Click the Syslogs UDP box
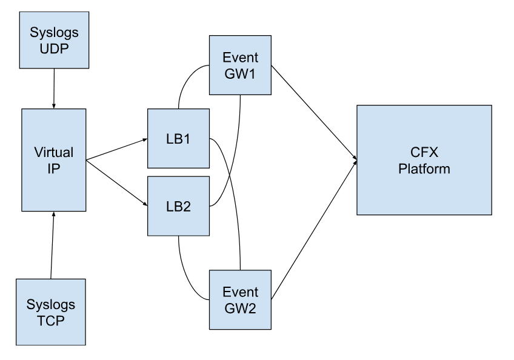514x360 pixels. pyautogui.click(x=55, y=39)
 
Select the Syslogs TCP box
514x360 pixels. pyautogui.click(x=50, y=312)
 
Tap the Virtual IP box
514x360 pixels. pyautogui.click(x=53, y=160)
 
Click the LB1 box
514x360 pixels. pyautogui.click(x=178, y=139)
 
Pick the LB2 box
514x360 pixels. pyautogui.click(x=178, y=205)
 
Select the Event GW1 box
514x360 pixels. pyautogui.click(x=239, y=65)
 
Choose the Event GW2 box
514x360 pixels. pyautogui.click(x=239, y=300)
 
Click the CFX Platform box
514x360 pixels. pyautogui.click(x=424, y=160)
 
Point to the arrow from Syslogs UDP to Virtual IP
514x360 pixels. pyautogui.click(x=55, y=88)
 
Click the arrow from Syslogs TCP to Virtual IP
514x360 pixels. pyautogui.click(x=52, y=245)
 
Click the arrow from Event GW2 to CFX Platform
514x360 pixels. pyautogui.click(x=312, y=230)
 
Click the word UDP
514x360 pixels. pyautogui.click(x=55, y=47)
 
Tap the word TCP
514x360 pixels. pyautogui.click(x=50, y=319)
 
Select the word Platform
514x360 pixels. pyautogui.click(x=424, y=168)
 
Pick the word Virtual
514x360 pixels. pyautogui.click(x=53, y=152)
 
